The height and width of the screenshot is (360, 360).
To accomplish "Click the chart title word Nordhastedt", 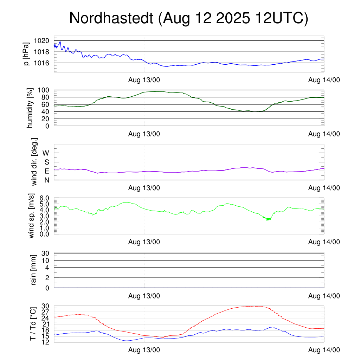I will coord(111,18).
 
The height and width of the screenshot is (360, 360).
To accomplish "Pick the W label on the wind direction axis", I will coord(46,153).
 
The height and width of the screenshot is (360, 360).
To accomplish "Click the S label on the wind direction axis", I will coord(46,162).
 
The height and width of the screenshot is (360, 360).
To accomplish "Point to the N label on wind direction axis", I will coord(46,180).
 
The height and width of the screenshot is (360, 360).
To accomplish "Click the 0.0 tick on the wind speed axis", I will coord(46,234).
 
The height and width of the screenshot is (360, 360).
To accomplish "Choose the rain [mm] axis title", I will coord(34,270).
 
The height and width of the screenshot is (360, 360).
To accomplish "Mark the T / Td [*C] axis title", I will coord(33,324).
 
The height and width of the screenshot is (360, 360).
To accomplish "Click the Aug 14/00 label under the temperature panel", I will coord(324,350).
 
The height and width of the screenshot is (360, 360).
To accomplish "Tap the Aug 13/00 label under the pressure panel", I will coord(144,80).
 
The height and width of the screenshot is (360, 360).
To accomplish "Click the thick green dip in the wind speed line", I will coord(268,219).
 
